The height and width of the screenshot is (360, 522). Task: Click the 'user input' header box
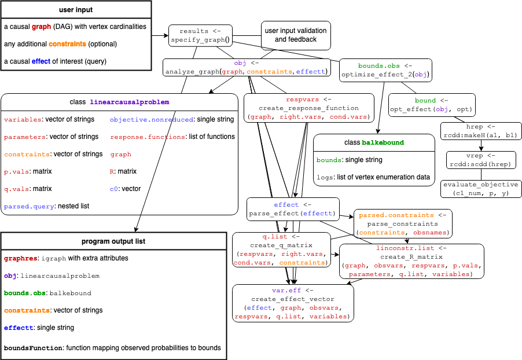coord(76,10)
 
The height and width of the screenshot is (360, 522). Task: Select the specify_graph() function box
coord(200,36)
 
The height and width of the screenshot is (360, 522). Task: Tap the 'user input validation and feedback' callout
coord(296,35)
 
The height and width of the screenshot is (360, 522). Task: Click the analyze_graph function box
coord(247,67)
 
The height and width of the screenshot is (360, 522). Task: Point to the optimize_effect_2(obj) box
coord(385,70)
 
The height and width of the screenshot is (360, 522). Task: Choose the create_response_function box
coord(308,108)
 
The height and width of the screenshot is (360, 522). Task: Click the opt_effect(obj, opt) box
coord(432,105)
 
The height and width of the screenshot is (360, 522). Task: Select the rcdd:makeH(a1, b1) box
coord(481,131)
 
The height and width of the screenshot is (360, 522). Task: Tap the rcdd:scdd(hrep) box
coord(481,160)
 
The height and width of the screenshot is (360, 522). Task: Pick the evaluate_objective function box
coord(481,189)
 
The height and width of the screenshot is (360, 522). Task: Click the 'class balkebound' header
coord(374,142)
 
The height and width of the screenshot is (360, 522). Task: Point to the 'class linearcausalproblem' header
coord(119,102)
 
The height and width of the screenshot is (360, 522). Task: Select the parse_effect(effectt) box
coord(292,209)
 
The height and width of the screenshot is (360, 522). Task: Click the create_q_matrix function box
coord(281,249)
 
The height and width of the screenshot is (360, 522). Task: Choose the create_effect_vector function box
coord(292,303)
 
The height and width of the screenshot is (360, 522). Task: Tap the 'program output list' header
coord(113,241)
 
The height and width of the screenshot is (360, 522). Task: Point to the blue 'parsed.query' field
coord(29,207)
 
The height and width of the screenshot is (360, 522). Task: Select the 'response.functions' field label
coord(148,137)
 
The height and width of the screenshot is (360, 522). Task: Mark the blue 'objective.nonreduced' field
coord(151,120)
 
